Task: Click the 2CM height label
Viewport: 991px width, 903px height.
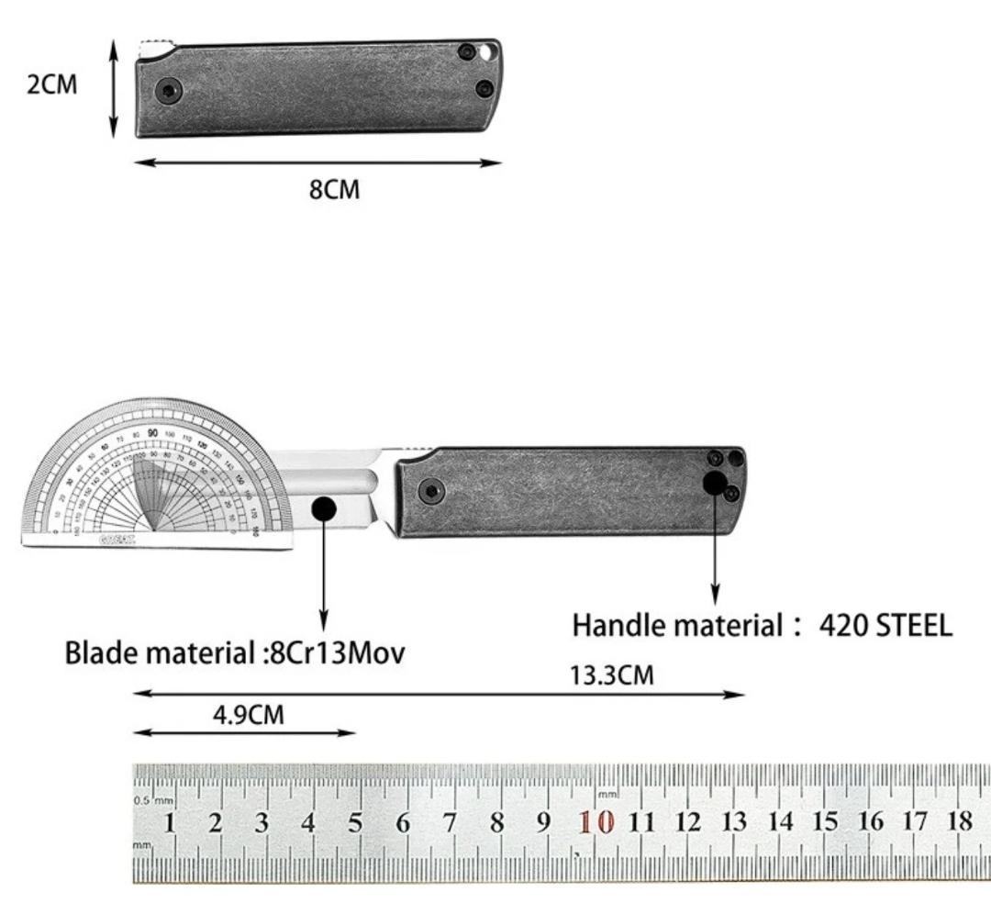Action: click(x=52, y=85)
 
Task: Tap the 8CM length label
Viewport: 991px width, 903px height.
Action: click(x=334, y=191)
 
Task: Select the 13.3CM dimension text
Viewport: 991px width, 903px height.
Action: click(x=612, y=676)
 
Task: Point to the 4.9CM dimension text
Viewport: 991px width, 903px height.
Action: click(x=249, y=715)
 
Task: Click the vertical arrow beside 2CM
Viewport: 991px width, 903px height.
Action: click(x=114, y=89)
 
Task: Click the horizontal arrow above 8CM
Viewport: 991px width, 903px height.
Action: click(x=318, y=163)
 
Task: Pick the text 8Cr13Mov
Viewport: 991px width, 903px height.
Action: click(x=336, y=654)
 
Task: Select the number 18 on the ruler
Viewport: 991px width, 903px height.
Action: click(x=959, y=820)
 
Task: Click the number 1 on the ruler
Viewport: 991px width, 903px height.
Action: click(x=169, y=822)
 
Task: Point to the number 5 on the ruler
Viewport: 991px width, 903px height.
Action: click(x=355, y=822)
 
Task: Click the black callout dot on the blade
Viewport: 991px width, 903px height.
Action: click(x=324, y=508)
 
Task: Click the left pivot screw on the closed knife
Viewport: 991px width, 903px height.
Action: click(x=169, y=90)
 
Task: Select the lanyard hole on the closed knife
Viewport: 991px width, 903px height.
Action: click(x=485, y=52)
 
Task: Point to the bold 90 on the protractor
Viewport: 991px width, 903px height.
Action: click(x=151, y=433)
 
